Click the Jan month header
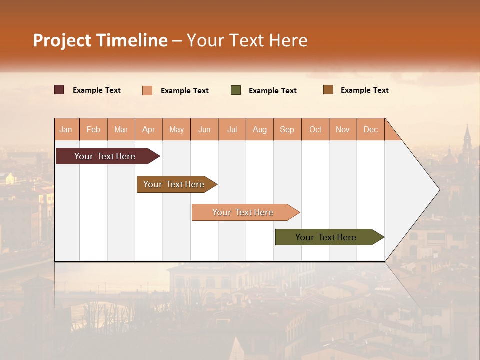[66, 129]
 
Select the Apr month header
[148, 129]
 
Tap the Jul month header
[232, 129]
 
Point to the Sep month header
[287, 129]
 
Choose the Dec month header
[370, 129]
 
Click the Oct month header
[315, 129]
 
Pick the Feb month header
[93, 129]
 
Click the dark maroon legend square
[59, 90]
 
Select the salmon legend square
[147, 90]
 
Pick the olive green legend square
[236, 90]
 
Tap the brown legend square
[328, 90]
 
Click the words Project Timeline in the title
[100, 40]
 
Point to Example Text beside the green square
[272, 90]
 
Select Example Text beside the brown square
[364, 90]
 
